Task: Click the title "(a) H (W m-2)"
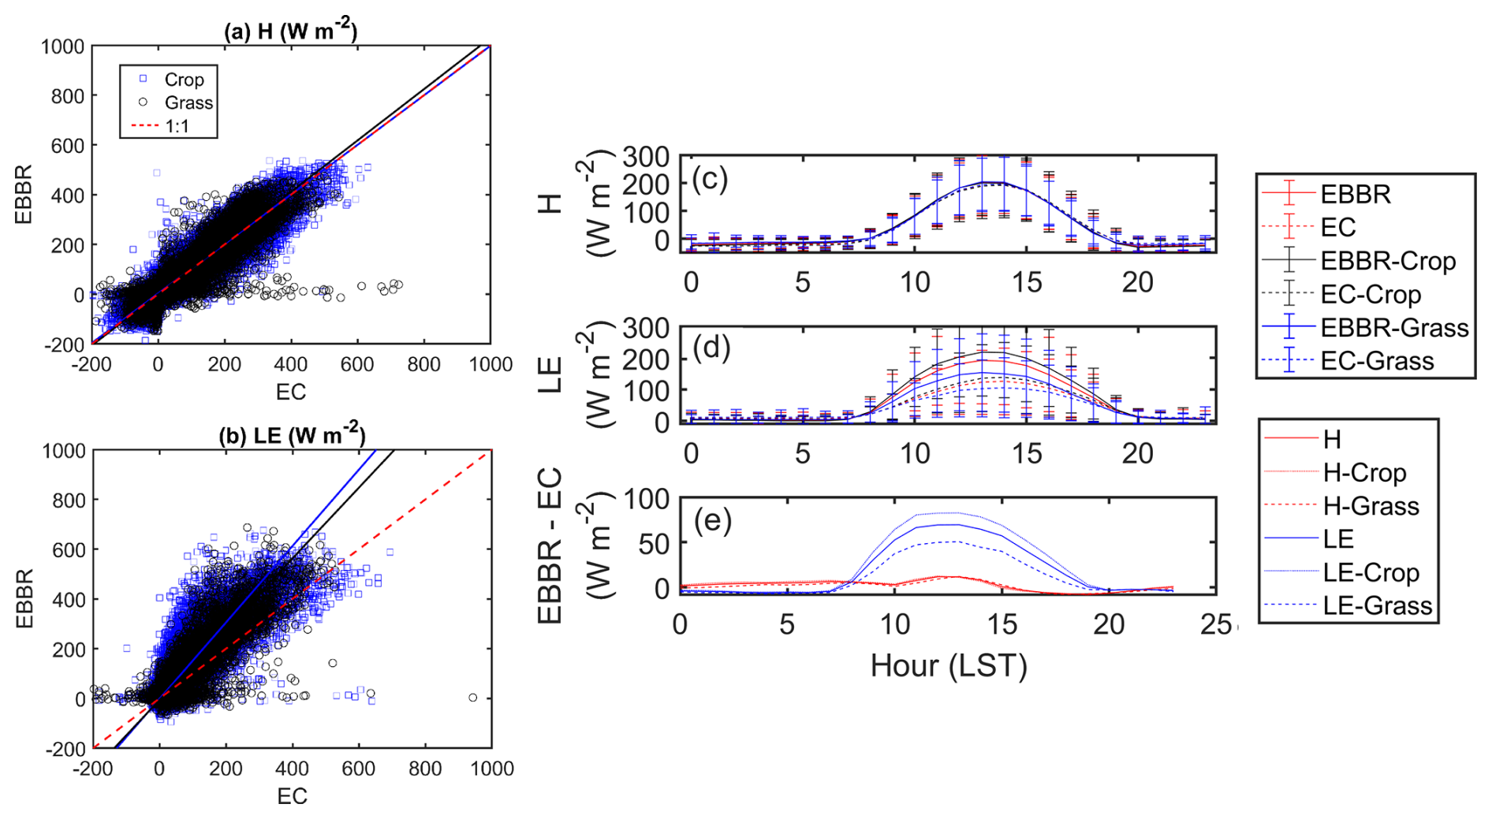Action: tap(290, 31)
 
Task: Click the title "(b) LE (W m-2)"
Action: tap(292, 435)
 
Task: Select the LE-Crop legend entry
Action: tap(1371, 572)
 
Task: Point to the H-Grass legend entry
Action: tap(1371, 506)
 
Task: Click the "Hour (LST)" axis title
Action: tap(949, 666)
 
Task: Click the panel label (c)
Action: tap(709, 179)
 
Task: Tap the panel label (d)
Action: tap(709, 347)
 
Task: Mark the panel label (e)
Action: tap(712, 520)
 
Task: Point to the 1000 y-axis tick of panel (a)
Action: tap(62, 47)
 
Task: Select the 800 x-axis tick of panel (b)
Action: tap(425, 769)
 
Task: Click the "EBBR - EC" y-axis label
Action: tap(550, 545)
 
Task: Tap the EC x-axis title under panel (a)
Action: tap(291, 392)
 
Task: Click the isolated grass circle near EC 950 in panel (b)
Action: tap(473, 698)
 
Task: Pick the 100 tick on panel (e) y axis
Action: tap(647, 498)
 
